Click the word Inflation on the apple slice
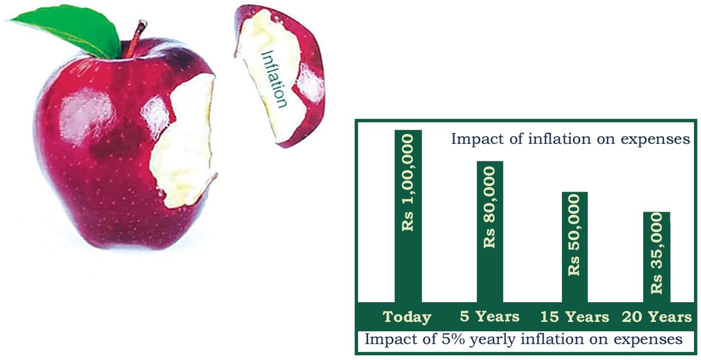pos(274,79)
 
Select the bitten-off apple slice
pos(280,75)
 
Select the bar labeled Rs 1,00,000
pos(408,216)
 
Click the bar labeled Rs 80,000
pos(490,231)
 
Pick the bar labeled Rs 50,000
pos(575,247)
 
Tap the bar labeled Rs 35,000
pos(657,257)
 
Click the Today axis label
pos(407,317)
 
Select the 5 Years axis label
pos(490,317)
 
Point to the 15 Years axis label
pos(575,317)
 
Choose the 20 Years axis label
pos(657,317)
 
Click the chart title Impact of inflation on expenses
pos(570,139)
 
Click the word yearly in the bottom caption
pos(495,340)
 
